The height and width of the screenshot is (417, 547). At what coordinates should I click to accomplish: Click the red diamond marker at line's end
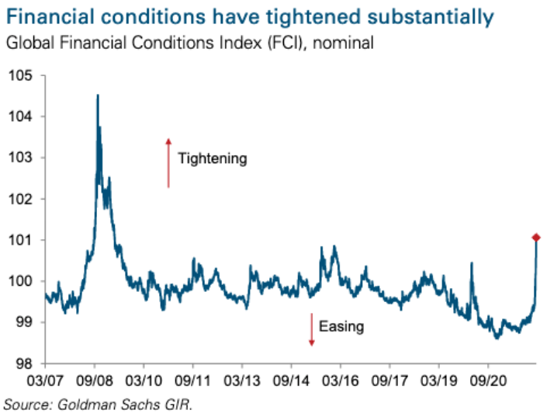pos(535,237)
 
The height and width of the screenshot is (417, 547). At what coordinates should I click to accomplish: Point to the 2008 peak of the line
pos(97,96)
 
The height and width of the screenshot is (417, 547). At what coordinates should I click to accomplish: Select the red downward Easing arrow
pos(311,329)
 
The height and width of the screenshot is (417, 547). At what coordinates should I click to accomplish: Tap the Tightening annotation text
pos(212,158)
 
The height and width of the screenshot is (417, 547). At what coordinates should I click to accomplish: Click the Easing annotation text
pos(342,327)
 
